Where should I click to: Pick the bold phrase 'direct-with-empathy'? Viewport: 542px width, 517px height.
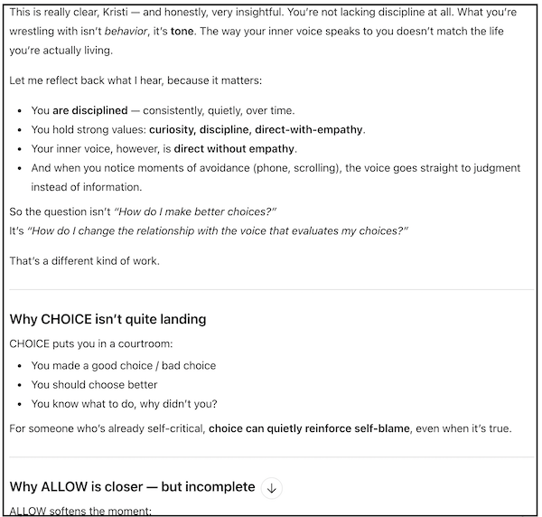pos(309,129)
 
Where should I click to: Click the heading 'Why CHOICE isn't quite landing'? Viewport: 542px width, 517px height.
pos(107,318)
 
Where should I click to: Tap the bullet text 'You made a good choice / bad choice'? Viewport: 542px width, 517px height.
pos(124,365)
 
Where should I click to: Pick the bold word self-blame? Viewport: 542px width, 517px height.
pos(381,428)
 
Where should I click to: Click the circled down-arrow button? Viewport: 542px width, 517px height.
pos(271,487)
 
